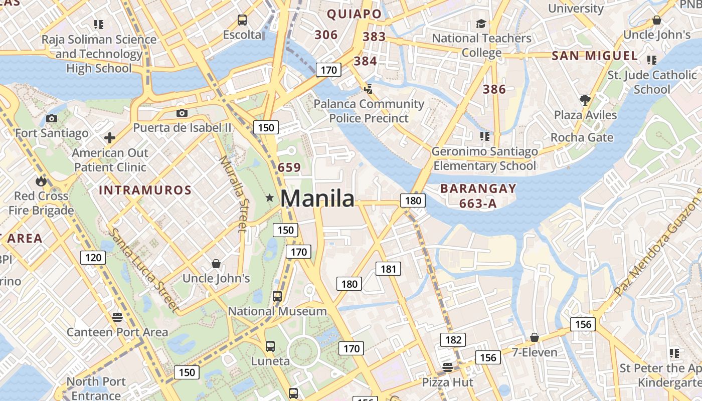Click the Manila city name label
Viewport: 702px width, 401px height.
coord(317,198)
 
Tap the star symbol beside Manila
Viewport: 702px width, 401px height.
coord(270,198)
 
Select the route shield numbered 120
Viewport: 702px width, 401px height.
coord(93,258)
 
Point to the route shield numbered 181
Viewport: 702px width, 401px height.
coord(389,269)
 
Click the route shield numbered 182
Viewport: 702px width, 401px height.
coord(453,340)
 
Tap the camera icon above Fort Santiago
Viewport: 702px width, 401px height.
coord(51,119)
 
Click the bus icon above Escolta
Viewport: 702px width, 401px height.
coord(242,20)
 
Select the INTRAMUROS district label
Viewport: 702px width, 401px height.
coord(145,190)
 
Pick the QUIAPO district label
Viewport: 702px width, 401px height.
coord(355,14)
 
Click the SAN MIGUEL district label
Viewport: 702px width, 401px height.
coord(595,56)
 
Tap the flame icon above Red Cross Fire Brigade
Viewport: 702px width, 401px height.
coord(41,181)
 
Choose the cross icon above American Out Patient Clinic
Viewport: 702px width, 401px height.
coord(110,138)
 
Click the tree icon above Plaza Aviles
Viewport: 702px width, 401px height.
coord(585,100)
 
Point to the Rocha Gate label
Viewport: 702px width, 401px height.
coord(582,137)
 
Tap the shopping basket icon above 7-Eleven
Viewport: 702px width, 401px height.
coord(535,337)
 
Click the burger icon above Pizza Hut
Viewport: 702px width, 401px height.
coord(448,367)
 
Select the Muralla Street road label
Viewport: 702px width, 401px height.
coord(234,193)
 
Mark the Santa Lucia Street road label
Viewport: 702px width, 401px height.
coord(144,271)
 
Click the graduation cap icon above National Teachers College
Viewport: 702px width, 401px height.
coord(481,24)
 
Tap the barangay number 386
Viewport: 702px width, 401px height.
coord(494,90)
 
